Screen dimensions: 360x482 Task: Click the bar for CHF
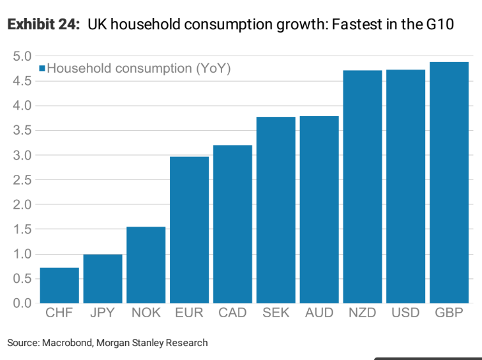point(59,285)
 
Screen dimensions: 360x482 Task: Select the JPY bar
point(103,279)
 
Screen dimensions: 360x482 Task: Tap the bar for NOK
point(146,265)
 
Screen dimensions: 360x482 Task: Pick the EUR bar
point(190,230)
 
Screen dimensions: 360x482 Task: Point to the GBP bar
point(449,183)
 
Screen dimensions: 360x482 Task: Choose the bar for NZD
point(363,187)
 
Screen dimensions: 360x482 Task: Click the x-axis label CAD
point(232,313)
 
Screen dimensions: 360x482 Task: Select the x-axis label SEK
point(276,313)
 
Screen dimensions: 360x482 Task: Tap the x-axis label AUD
point(319,313)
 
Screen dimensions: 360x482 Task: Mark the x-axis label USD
point(406,313)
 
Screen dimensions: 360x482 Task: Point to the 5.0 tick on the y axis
point(22,56)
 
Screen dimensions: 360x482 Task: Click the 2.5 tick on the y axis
point(22,180)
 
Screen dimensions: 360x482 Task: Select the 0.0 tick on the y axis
point(22,303)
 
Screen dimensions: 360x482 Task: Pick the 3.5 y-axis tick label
point(22,130)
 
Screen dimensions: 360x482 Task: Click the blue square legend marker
point(43,68)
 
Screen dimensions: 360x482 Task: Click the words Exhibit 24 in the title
point(43,26)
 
